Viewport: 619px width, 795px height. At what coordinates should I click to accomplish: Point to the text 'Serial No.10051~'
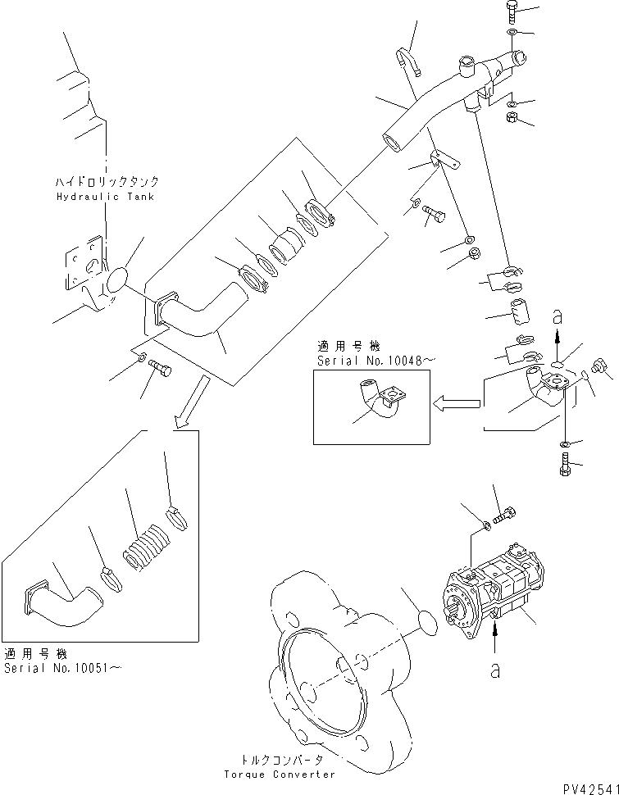[63, 668]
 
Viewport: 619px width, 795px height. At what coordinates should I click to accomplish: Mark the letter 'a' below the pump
[495, 670]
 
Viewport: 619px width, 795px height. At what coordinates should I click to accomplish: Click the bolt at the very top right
[510, 11]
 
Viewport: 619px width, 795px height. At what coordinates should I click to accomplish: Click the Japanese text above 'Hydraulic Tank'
[107, 182]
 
